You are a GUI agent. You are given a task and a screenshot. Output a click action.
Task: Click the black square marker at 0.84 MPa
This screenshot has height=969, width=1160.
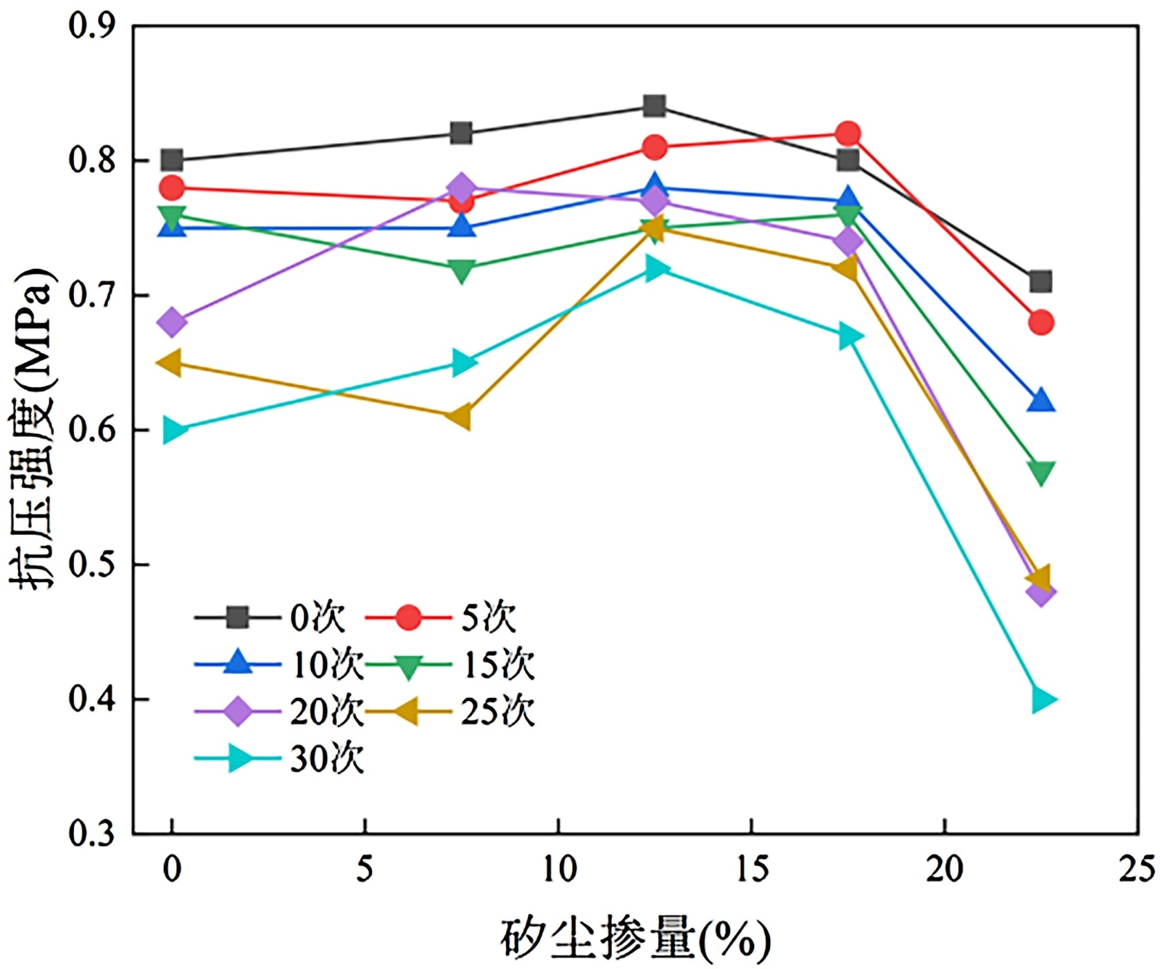[x=654, y=107]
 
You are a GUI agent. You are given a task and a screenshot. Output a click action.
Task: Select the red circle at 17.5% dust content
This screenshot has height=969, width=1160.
[x=848, y=133]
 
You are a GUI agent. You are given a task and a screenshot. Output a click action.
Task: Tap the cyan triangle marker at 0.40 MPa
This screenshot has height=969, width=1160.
[x=1042, y=699]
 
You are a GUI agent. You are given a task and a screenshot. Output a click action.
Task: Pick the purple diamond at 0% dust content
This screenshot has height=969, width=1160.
[x=171, y=322]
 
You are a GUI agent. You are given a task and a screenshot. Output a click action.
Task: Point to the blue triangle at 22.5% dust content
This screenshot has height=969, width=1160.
[x=1041, y=400]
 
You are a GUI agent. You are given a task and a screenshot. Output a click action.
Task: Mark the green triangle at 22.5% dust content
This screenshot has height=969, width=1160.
[x=1041, y=473]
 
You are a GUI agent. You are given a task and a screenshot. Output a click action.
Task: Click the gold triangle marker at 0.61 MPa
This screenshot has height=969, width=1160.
[x=460, y=417]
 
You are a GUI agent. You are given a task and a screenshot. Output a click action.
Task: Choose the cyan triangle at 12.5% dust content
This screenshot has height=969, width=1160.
[x=655, y=269]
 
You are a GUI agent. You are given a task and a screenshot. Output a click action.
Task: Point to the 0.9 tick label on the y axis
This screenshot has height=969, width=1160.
[x=91, y=26]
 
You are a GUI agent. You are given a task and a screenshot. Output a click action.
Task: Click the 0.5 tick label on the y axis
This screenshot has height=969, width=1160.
[x=91, y=565]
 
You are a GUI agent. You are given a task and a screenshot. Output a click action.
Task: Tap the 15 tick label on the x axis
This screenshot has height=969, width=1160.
[x=751, y=868]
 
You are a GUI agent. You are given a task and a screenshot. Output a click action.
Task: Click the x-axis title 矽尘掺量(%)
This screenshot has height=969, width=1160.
[x=634, y=939]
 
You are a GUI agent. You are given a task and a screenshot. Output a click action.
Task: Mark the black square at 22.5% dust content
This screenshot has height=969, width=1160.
[x=1041, y=281]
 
